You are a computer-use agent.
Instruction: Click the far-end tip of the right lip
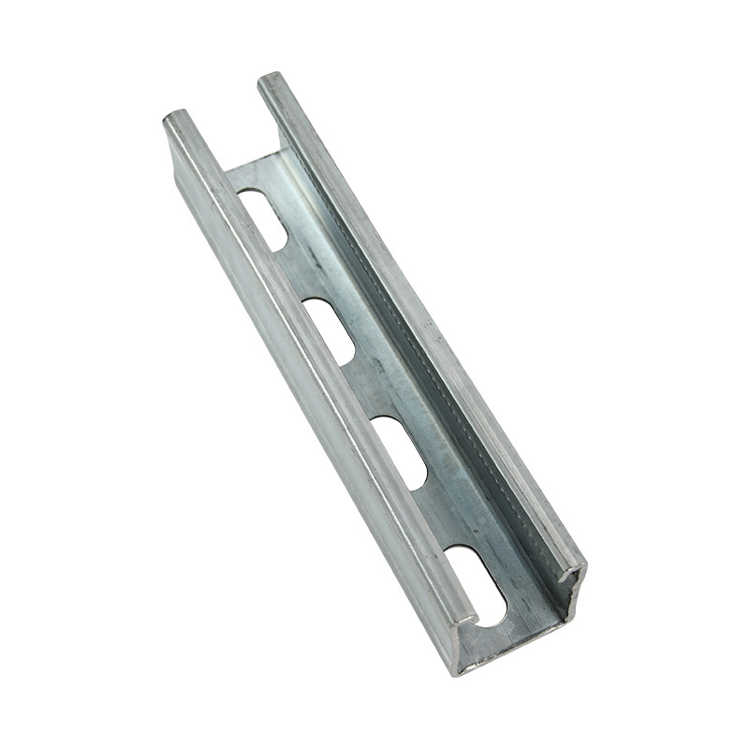tap(269, 81)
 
